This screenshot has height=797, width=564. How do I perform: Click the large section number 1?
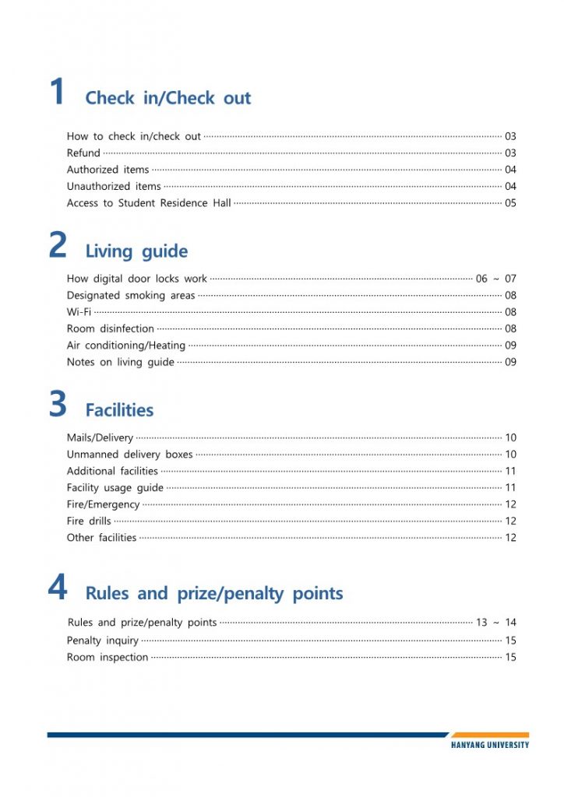click(57, 93)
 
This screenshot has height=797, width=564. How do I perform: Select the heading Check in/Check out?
click(167, 98)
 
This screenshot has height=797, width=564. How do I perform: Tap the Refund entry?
click(83, 153)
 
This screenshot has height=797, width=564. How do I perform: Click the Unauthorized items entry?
click(114, 187)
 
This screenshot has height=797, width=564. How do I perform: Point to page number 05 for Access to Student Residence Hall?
click(510, 204)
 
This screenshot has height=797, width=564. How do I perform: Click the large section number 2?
click(58, 246)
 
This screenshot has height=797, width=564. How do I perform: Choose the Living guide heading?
click(136, 251)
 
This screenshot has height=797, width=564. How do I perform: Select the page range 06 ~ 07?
click(495, 279)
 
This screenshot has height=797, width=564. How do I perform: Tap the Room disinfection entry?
click(110, 329)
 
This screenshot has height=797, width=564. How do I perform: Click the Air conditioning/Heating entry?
click(125, 346)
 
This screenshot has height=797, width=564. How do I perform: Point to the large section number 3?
click(58, 406)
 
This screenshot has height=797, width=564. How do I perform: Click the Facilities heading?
click(119, 410)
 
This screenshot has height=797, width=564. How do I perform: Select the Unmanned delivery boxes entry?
click(129, 455)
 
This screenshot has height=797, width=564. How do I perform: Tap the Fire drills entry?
click(89, 521)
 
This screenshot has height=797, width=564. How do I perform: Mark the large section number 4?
click(58, 588)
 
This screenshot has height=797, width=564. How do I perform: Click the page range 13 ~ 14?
click(495, 623)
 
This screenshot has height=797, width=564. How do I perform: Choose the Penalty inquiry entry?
click(102, 641)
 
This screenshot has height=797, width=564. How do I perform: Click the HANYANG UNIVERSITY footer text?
click(489, 745)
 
